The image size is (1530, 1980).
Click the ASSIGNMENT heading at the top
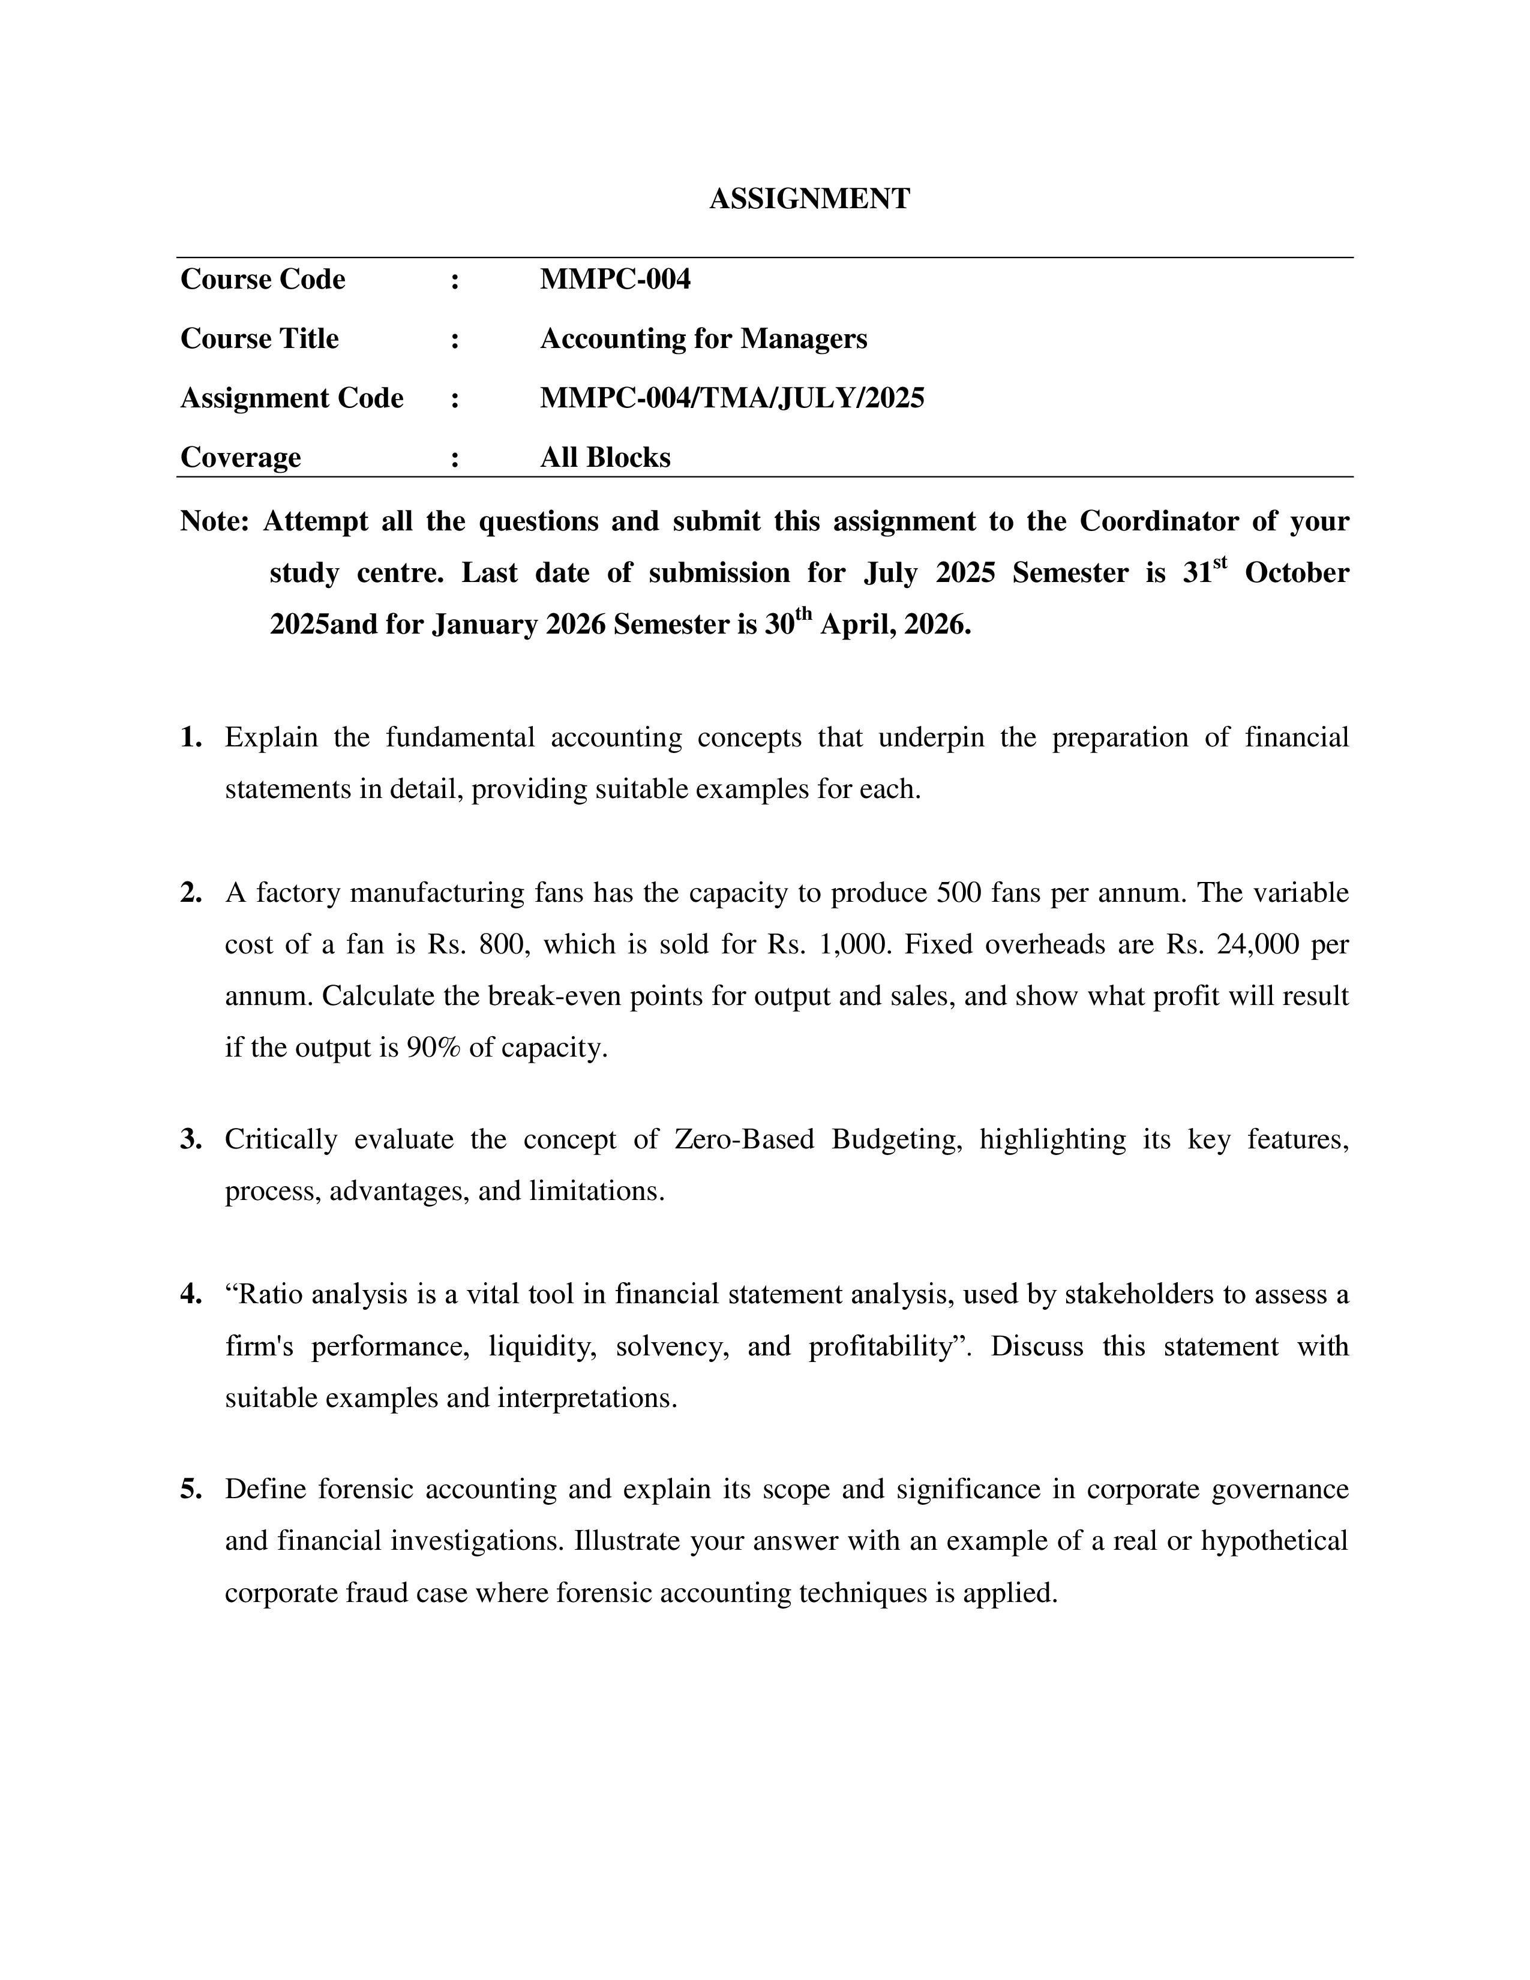pyautogui.click(x=809, y=199)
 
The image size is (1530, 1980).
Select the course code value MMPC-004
pyautogui.click(x=614, y=279)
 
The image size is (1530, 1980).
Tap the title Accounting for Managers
pyautogui.click(x=703, y=338)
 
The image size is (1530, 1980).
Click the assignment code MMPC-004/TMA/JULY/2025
pyautogui.click(x=731, y=398)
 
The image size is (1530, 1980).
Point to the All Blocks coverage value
pyautogui.click(x=605, y=457)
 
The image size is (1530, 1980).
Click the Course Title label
pyautogui.click(x=259, y=338)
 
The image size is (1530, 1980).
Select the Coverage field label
pyautogui.click(x=240, y=457)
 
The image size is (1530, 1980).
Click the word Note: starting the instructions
pyautogui.click(x=214, y=521)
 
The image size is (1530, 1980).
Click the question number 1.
pyautogui.click(x=190, y=738)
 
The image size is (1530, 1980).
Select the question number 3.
pyautogui.click(x=190, y=1139)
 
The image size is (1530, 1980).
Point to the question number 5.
pyautogui.click(x=190, y=1490)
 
